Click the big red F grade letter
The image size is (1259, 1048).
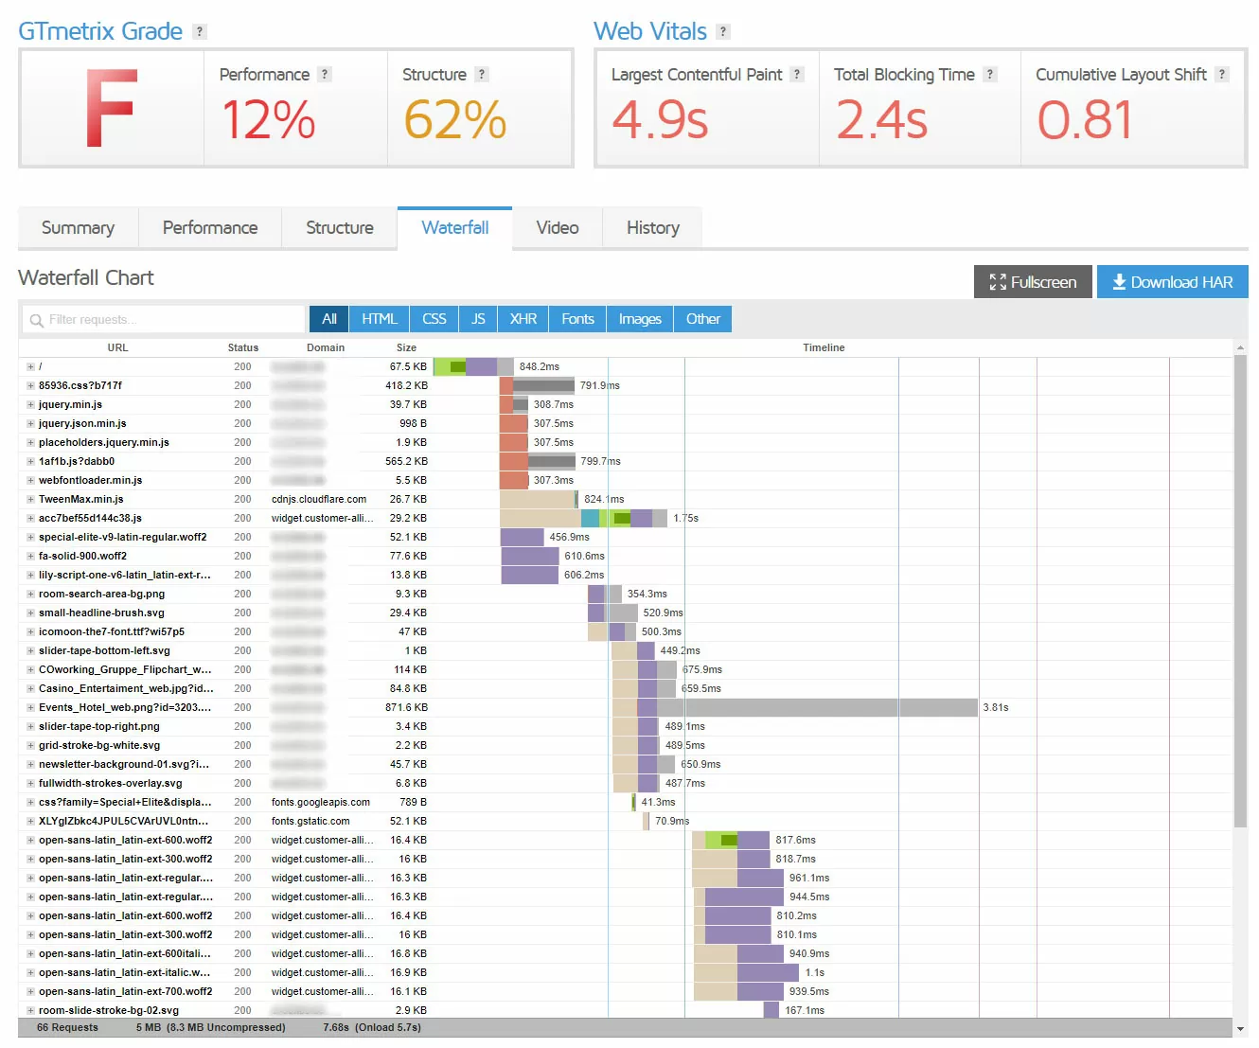point(111,108)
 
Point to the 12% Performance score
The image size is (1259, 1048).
point(268,120)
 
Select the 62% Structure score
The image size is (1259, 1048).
point(454,120)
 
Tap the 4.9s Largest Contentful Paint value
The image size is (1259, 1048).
point(660,120)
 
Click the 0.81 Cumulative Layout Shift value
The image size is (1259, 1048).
point(1085,120)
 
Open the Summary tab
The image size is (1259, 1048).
point(78,228)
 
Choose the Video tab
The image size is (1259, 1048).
point(557,228)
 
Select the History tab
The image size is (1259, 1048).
point(652,228)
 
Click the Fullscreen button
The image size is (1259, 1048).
point(1033,282)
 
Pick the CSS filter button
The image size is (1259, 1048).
point(434,319)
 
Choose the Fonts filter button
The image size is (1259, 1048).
point(577,319)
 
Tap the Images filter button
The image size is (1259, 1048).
point(640,319)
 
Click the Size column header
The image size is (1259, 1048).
point(406,347)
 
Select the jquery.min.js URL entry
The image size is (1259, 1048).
point(70,404)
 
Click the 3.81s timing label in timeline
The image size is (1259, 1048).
point(996,707)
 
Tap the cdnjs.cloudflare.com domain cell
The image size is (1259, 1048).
point(318,499)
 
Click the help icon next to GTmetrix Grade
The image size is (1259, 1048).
point(199,31)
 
